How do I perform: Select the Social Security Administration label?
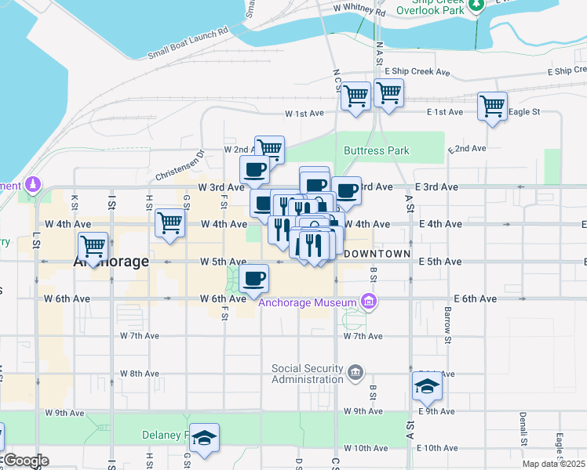click(307, 374)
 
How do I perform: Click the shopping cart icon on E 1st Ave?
click(492, 106)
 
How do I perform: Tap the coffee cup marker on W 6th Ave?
click(253, 279)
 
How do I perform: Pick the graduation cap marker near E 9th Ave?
click(427, 385)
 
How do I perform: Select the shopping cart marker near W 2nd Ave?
click(269, 148)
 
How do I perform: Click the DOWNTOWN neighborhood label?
click(377, 254)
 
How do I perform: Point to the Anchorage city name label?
click(111, 262)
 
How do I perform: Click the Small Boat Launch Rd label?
click(188, 43)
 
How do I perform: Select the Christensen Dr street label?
click(180, 166)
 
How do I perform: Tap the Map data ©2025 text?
click(553, 464)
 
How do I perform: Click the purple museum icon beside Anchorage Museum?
click(369, 301)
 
